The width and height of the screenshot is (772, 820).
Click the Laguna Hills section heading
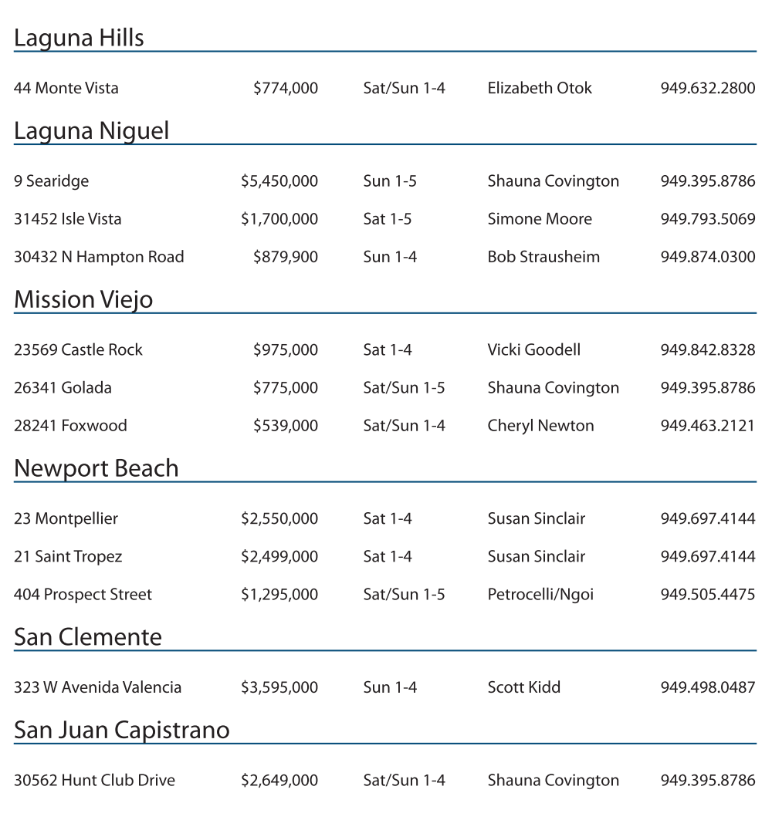79,38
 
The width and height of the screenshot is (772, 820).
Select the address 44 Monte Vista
66,88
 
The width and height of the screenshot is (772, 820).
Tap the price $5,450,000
279,181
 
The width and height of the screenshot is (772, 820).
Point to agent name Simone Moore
540,219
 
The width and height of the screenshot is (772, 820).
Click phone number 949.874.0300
707,257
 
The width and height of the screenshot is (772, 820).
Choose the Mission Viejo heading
83,299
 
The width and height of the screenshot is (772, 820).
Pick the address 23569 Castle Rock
78,350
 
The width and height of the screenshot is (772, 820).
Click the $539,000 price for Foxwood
286,426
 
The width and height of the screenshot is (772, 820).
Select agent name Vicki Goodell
533,350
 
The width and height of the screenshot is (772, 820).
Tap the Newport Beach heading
96,468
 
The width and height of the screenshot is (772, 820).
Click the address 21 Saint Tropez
68,557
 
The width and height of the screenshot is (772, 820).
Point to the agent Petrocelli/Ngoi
540,595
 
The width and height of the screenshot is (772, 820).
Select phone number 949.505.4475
707,595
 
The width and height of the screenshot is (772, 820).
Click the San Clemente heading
88,637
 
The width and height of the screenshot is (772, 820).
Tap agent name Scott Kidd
523,687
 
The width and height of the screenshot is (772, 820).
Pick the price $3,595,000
279,687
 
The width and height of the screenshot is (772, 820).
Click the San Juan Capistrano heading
122,730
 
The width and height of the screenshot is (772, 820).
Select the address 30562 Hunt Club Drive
94,781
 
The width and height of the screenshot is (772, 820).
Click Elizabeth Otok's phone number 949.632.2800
707,88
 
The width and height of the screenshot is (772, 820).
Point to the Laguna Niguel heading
91,130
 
